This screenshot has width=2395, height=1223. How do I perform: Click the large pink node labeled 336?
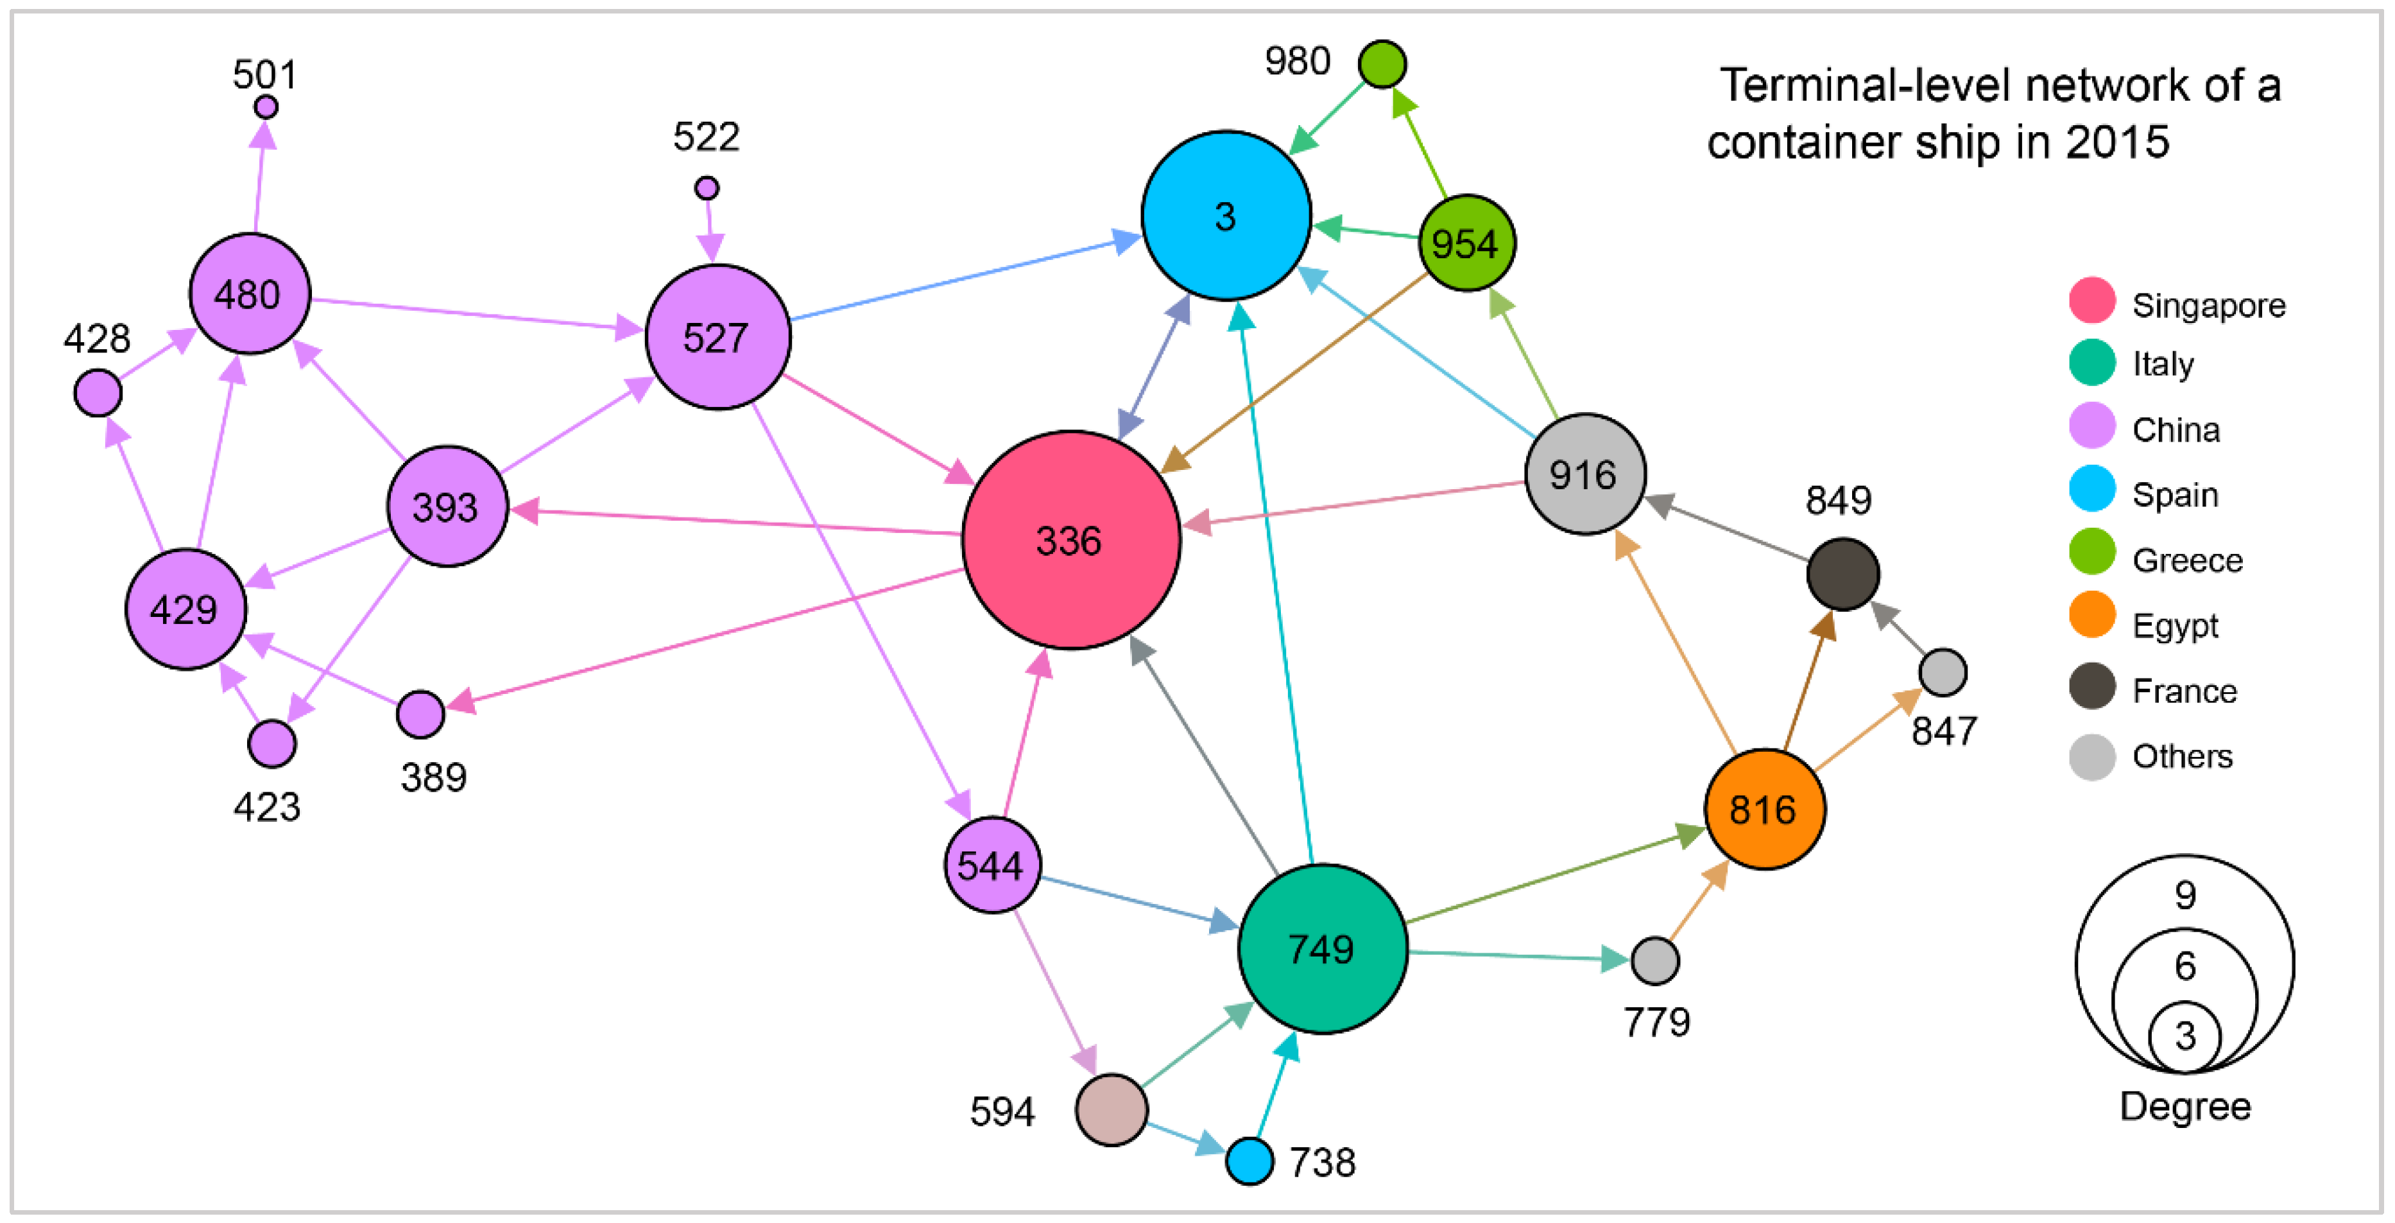pos(1071,541)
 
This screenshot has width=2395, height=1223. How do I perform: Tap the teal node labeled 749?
pos(1322,949)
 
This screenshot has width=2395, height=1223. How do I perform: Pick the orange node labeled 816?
pos(1764,809)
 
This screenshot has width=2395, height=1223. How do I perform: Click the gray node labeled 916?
pos(1585,474)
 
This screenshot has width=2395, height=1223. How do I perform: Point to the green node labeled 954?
pos(1466,243)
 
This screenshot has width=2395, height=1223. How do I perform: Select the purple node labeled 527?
pos(717,336)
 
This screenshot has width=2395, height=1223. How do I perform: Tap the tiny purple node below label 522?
pos(707,188)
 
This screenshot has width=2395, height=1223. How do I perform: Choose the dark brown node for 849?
pos(1842,574)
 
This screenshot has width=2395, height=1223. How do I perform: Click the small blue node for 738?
pos(1249,1161)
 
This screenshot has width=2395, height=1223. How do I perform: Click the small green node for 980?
pos(1382,64)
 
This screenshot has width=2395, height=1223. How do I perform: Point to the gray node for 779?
pos(1655,960)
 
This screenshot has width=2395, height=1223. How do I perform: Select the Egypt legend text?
pos(2175,626)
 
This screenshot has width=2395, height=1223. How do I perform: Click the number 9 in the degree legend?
pos(2185,895)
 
